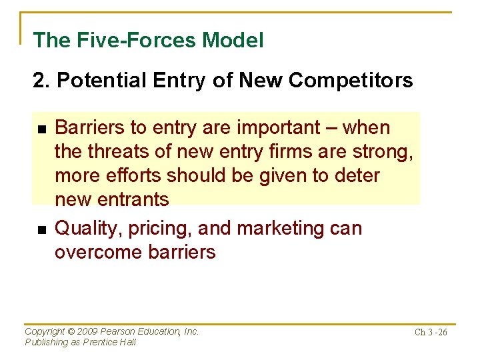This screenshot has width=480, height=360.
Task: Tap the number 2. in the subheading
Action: click(41, 81)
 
